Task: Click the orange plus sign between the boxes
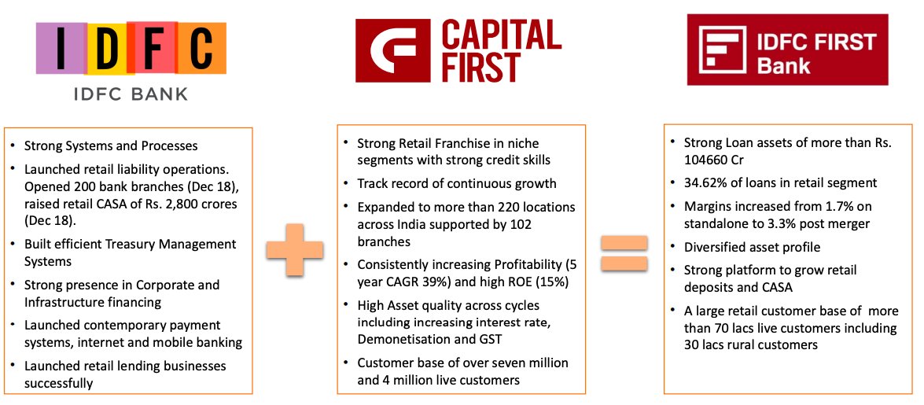pos(294,249)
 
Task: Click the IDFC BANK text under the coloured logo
pos(130,95)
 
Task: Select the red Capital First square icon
pos(393,50)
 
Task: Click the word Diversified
pos(715,247)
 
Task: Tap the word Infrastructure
pos(64,302)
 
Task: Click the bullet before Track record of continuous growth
pos(348,185)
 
